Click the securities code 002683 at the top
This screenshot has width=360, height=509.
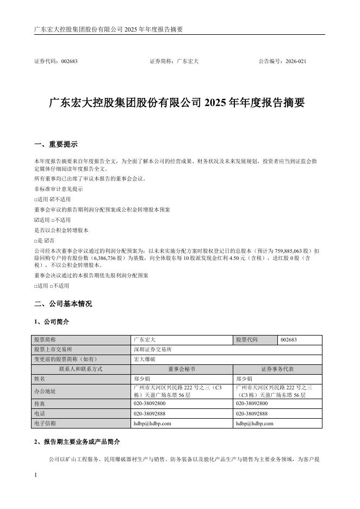(x=69, y=61)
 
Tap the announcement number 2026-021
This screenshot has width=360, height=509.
(x=297, y=61)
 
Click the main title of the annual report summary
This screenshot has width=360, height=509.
(x=177, y=102)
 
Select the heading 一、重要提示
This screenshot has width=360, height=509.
(x=55, y=145)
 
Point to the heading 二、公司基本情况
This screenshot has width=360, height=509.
(x=63, y=303)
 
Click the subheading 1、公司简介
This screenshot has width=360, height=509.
(x=52, y=322)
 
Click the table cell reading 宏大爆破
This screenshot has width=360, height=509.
(x=143, y=359)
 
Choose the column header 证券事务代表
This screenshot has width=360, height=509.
(x=278, y=369)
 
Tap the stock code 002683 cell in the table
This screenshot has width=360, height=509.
(x=289, y=340)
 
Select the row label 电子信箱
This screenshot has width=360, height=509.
(x=45, y=423)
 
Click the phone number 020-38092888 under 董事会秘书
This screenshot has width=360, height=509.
(x=150, y=414)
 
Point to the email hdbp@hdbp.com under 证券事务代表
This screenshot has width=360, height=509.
(x=255, y=423)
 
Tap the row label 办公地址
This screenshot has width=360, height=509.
(x=45, y=391)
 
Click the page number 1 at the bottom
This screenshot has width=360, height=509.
(x=35, y=476)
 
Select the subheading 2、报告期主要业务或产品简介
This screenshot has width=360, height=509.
(x=77, y=440)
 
